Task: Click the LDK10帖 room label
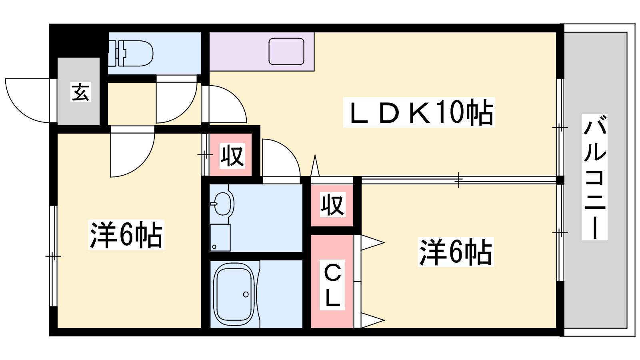419,112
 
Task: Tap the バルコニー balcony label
594,177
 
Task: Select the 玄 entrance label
80,92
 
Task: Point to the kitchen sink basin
286,52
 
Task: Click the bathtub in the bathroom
235,294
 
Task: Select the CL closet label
332,285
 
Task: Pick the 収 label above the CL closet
332,204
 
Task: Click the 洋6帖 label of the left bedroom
126,235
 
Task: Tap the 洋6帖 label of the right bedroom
456,252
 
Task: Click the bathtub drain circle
246,294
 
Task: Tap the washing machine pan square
220,238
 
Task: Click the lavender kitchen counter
262,52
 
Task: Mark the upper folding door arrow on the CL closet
372,243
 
